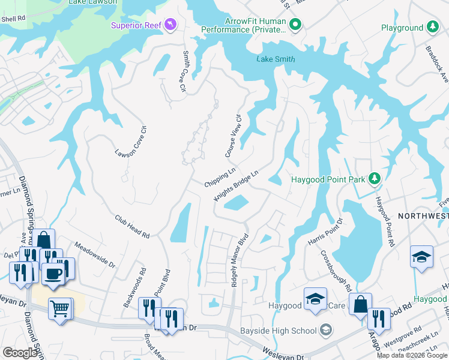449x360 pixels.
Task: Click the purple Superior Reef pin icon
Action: coord(171,24)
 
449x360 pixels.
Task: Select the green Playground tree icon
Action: coord(432,28)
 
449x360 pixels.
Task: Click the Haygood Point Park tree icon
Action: coord(375,179)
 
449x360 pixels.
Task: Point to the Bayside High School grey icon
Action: coord(325,329)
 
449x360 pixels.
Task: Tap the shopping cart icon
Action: coord(60,309)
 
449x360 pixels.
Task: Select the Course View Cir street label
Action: coord(233,136)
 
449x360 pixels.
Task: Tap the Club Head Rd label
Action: coord(133,227)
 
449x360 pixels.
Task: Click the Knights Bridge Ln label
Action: coord(236,185)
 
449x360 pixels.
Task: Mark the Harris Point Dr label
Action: coord(325,232)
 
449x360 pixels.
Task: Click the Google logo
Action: coord(20,353)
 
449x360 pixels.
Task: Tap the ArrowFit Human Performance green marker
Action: coord(295,25)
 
